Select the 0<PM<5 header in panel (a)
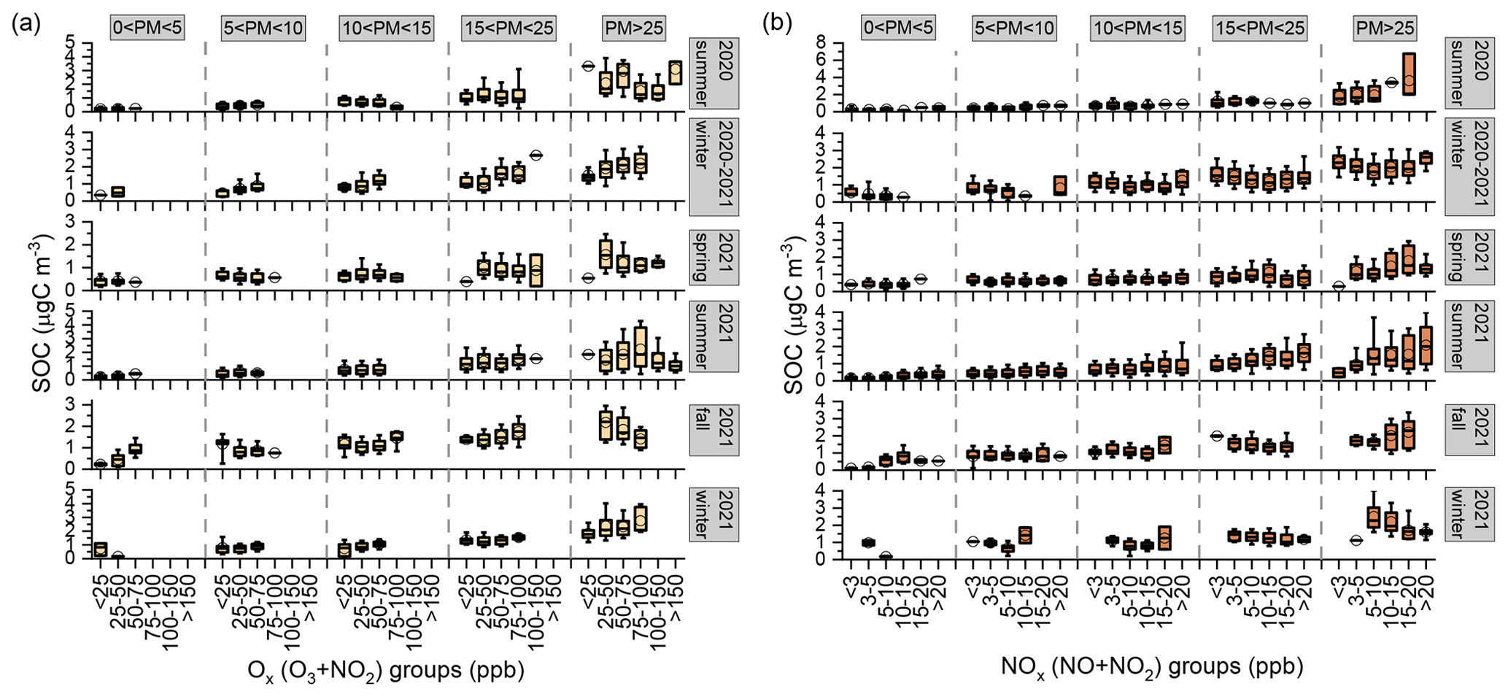147,28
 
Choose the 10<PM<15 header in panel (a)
387,28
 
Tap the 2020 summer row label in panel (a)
714,73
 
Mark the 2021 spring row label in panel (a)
714,256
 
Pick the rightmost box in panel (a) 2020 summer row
676,73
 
